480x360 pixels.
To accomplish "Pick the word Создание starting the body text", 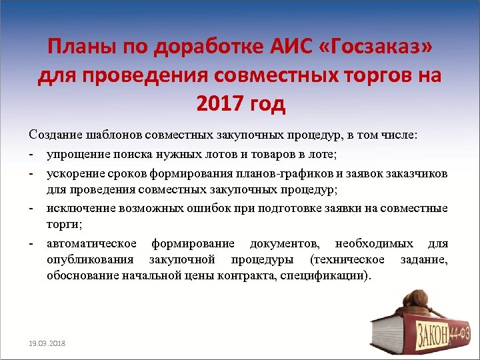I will (x=56, y=136).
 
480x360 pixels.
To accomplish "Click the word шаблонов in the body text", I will (x=116, y=136).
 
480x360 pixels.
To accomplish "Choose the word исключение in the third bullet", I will (x=81, y=208).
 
